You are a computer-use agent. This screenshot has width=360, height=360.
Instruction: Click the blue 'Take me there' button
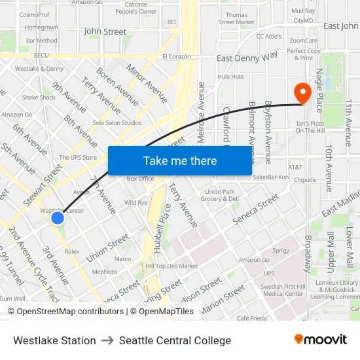pyautogui.click(x=180, y=160)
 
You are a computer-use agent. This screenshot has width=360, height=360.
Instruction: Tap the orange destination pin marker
pyautogui.click(x=302, y=92)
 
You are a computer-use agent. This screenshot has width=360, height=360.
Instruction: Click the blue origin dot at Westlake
pyautogui.click(x=58, y=218)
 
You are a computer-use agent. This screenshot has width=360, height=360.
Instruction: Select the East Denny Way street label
pyautogui.click(x=247, y=58)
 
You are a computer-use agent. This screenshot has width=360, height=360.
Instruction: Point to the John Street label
pyautogui.click(x=105, y=31)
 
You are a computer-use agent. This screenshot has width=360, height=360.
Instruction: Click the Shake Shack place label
pyautogui.click(x=39, y=98)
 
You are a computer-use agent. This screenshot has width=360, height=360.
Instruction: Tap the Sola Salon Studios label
pyautogui.click(x=118, y=122)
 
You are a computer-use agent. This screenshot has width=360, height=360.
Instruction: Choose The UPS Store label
pyautogui.click(x=78, y=158)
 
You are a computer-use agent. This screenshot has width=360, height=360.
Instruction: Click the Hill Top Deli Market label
pyautogui.click(x=171, y=266)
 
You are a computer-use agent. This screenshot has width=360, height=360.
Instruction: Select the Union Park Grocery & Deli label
pyautogui.click(x=219, y=195)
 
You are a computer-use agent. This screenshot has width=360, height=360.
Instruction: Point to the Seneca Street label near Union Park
pyautogui.click(x=256, y=210)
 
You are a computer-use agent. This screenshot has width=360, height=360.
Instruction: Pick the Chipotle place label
pyautogui.click(x=304, y=180)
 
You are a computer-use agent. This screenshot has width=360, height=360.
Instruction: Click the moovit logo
pyautogui.click(x=320, y=340)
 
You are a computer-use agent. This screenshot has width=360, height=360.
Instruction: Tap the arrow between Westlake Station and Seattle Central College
pyautogui.click(x=107, y=340)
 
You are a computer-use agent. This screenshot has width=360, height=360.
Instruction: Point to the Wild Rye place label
pyautogui.click(x=136, y=203)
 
